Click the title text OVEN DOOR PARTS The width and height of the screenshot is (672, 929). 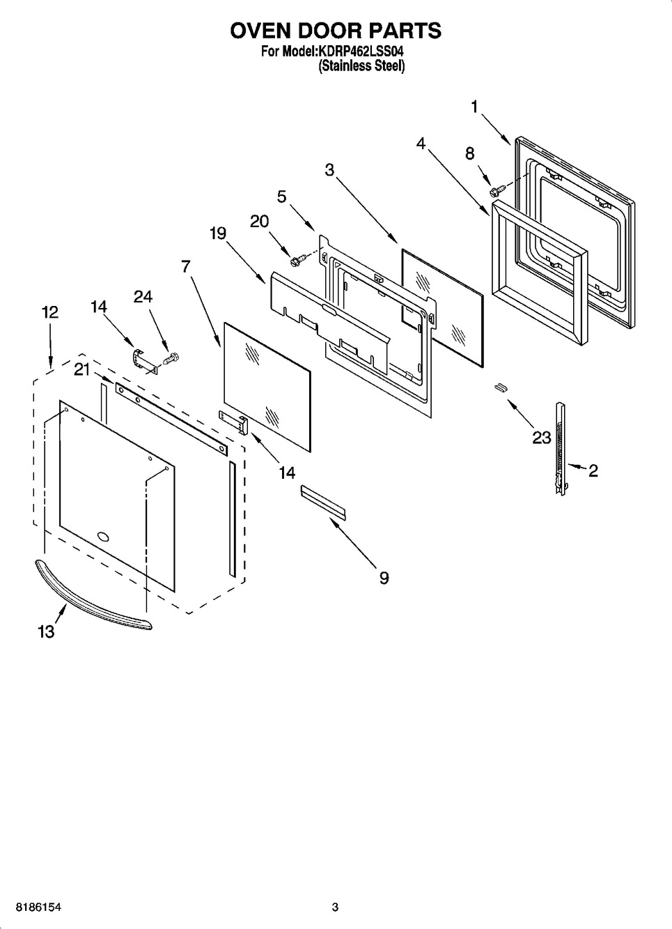[336, 31]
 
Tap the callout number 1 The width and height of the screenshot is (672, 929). [474, 107]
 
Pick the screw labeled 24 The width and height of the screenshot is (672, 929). [171, 359]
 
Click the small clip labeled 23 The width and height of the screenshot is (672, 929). [499, 387]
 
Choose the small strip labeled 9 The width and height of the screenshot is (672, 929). [322, 502]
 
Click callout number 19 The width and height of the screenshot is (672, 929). [217, 233]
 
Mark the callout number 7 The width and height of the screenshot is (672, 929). [185, 266]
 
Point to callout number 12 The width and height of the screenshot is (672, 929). [49, 313]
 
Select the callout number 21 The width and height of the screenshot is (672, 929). [82, 369]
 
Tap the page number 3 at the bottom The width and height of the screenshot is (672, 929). [335, 907]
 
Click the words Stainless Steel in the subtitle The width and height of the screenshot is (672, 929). [362, 66]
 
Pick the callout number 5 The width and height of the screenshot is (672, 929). [281, 197]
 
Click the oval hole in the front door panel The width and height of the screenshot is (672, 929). [103, 536]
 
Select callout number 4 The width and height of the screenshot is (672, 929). [421, 143]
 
